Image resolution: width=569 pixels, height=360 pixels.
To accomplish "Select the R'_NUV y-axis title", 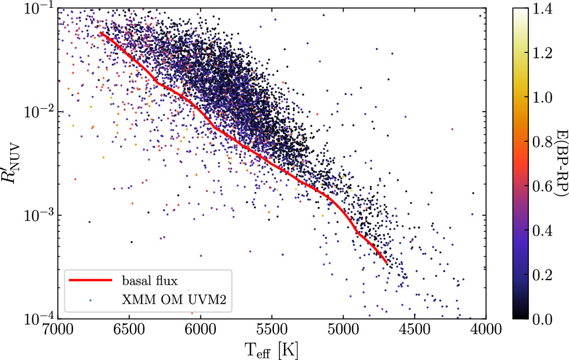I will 12,164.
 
